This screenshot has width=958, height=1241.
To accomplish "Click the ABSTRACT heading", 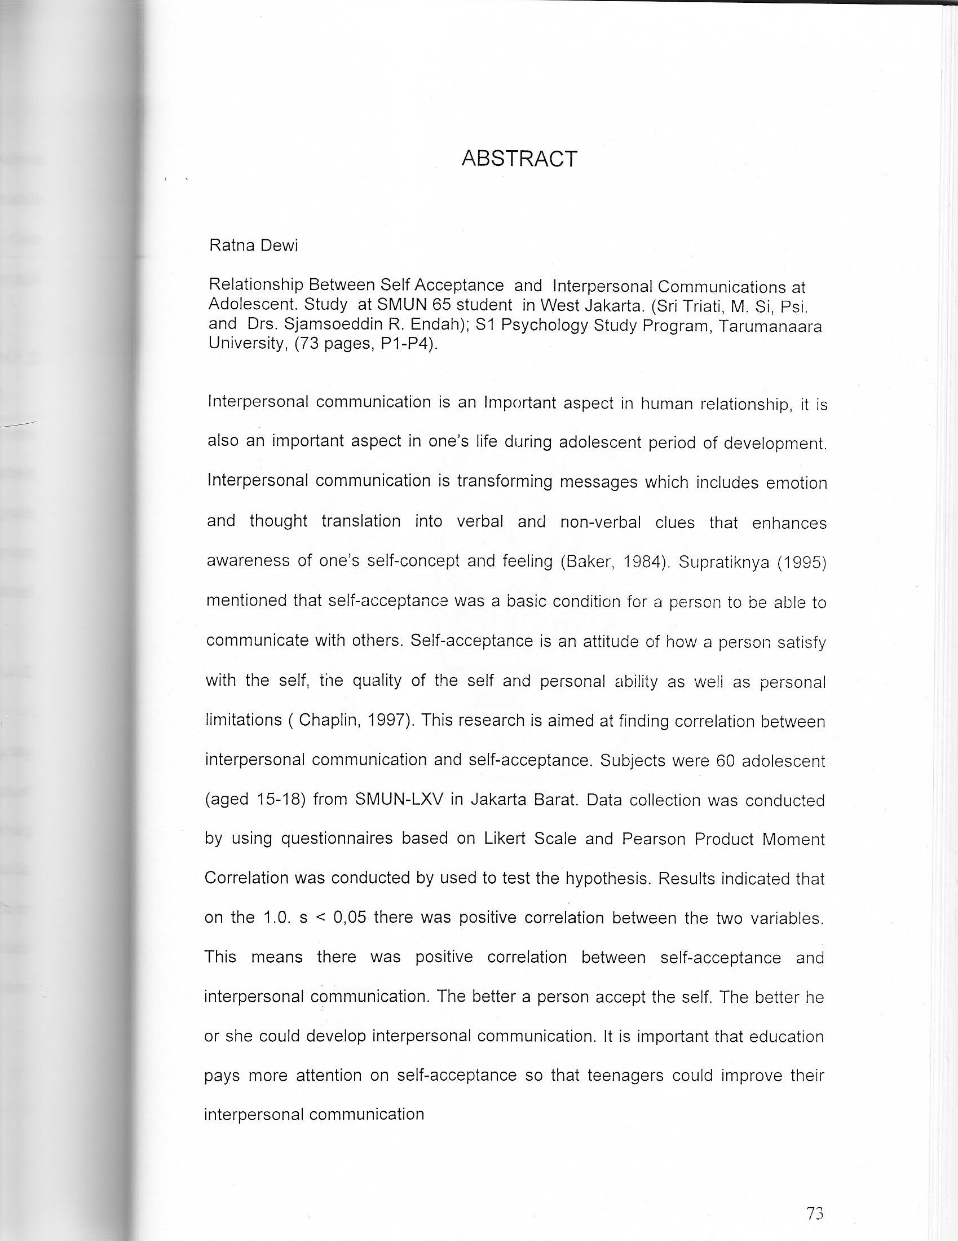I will coord(519,159).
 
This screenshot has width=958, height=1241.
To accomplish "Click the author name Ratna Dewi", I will coord(253,245).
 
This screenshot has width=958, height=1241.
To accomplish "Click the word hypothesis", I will coord(608,879).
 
